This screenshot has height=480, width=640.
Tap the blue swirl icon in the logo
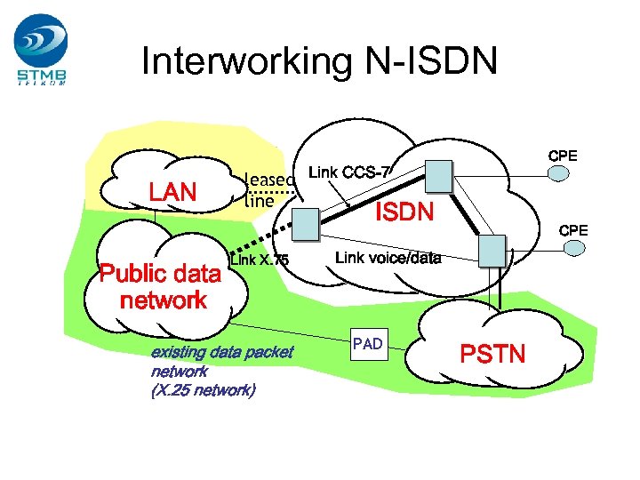point(40,40)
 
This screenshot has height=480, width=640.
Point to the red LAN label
point(172,191)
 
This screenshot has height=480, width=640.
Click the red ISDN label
point(404,212)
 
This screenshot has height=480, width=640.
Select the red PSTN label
point(492,355)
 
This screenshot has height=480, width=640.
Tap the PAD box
point(367,344)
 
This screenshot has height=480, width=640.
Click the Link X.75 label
point(259,260)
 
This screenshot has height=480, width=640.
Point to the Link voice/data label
point(388,259)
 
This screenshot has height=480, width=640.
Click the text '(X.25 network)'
point(204,390)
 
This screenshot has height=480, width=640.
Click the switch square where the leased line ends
point(305,225)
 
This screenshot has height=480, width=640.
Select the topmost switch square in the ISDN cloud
point(437,175)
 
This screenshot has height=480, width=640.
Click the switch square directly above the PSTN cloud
point(491,250)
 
